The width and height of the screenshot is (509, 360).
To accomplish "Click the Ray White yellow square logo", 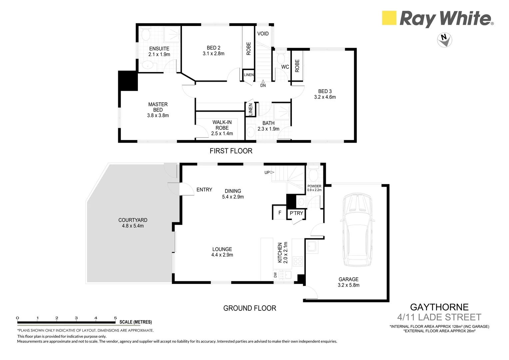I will click(389, 18).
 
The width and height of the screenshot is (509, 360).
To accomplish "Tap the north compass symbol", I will click(444, 39).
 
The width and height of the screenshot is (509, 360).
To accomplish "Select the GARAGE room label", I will click(348, 279).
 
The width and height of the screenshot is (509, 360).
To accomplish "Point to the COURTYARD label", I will click(133, 220).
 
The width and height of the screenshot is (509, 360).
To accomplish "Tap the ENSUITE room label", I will click(159, 49).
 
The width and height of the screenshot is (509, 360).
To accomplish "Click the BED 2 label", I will click(214, 48).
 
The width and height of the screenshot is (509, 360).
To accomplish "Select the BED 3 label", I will click(325, 91).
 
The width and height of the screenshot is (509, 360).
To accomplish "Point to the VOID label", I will click(263, 34).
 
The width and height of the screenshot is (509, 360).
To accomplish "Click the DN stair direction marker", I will click(263, 85).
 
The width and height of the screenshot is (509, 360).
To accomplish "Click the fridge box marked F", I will click(280, 213).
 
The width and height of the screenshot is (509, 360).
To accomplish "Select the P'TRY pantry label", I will click(296, 213).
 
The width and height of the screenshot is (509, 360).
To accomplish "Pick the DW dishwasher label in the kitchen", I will click(275, 275).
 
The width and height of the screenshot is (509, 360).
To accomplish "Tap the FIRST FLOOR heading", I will click(231, 151).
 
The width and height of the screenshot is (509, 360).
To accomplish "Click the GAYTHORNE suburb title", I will click(439, 307).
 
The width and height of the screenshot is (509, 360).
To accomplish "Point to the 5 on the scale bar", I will click(115, 318).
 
